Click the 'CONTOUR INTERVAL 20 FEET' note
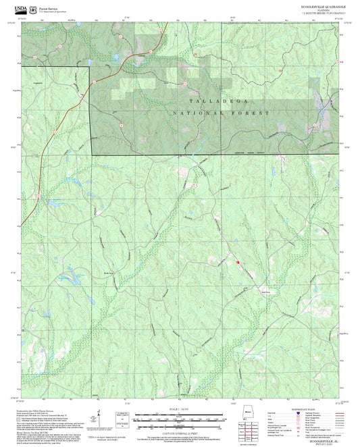tap(180, 431)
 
